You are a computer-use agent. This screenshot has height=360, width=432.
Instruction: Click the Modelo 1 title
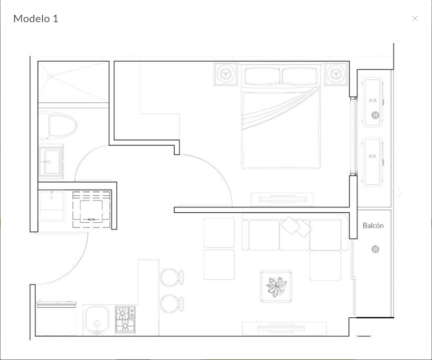point(36,18)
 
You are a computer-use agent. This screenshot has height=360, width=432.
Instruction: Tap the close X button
point(415,18)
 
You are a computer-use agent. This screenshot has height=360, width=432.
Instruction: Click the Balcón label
point(373,225)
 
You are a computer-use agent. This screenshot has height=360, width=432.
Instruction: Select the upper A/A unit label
point(372,100)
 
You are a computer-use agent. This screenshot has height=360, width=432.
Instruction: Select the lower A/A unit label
point(372,156)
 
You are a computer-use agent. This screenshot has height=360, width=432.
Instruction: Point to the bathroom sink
point(51,162)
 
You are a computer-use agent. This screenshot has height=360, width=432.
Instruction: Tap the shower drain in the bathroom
point(50,76)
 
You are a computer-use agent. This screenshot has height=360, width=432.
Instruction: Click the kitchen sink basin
point(97,320)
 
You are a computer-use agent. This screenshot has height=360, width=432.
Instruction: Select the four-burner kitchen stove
point(125,319)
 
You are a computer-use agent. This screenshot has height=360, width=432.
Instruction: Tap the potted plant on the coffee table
point(276,287)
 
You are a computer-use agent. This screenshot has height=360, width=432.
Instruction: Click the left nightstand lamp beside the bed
point(226,74)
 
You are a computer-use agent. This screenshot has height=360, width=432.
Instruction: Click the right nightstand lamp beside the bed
point(336,74)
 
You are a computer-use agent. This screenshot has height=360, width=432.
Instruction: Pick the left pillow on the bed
point(262,75)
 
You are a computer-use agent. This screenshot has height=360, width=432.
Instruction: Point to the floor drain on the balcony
point(375,249)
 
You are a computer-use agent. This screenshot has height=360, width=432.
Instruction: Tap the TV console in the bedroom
point(282,199)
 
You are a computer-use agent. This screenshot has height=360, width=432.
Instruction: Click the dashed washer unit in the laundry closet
point(91,210)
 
